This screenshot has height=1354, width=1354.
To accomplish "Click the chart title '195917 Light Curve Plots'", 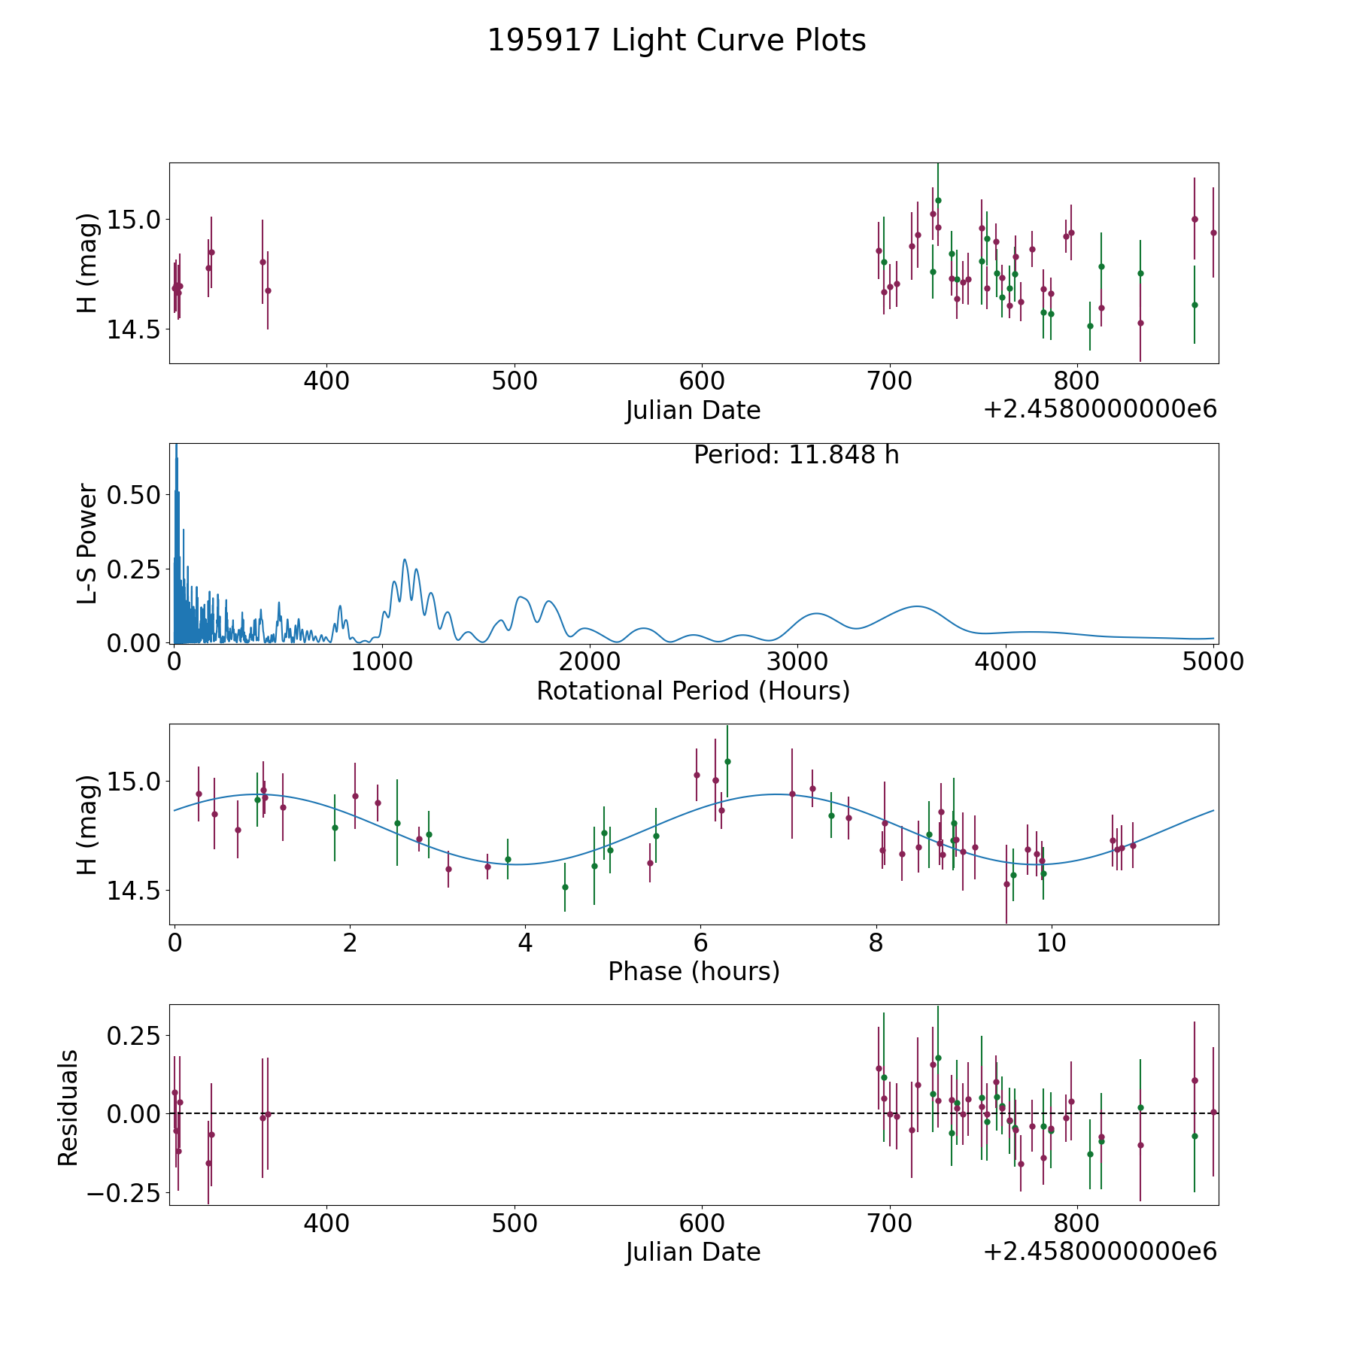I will [x=676, y=41].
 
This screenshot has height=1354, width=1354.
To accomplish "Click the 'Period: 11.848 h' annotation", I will [x=796, y=456].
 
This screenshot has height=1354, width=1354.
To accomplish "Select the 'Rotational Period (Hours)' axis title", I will [x=693, y=691].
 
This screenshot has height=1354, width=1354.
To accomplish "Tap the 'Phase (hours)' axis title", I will [x=693, y=971].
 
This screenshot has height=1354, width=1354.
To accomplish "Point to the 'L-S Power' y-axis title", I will [x=88, y=543].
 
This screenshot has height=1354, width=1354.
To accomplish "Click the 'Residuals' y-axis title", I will [x=68, y=1107].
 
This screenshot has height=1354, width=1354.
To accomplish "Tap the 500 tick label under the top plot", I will [x=514, y=381].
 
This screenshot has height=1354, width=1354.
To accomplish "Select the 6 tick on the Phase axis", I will [x=700, y=943].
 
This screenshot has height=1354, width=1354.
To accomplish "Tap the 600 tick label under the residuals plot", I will [x=701, y=1223].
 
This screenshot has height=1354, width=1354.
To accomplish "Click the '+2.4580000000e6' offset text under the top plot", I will [x=1100, y=410].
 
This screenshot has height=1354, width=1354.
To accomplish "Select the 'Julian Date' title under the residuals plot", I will [x=693, y=1252].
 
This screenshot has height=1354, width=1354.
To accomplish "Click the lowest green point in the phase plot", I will [x=565, y=887].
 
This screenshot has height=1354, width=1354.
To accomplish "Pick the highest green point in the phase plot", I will [x=727, y=761].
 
